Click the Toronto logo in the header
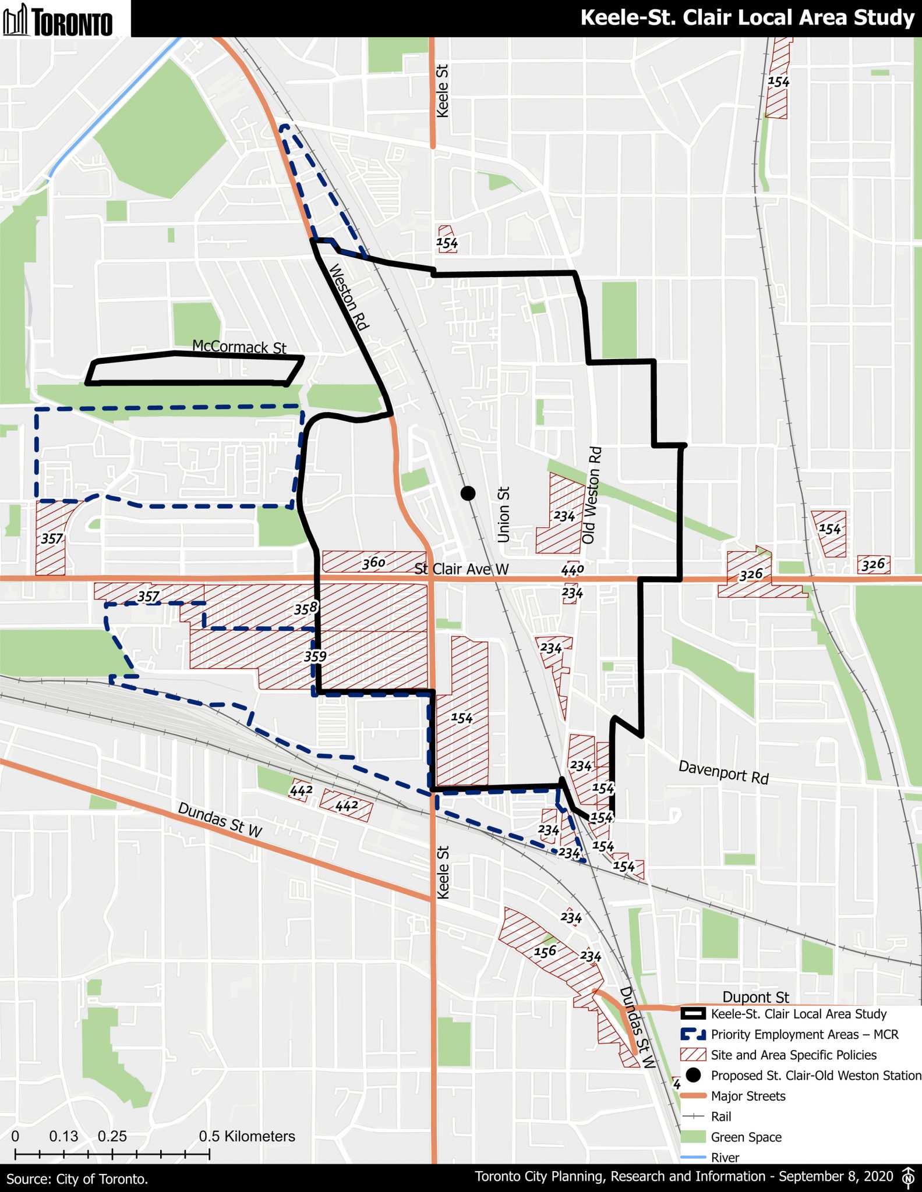(58, 20)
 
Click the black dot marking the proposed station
(468, 494)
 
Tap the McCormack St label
(239, 347)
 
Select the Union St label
(504, 515)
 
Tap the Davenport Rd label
(723, 772)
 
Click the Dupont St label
(755, 997)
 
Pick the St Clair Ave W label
(461, 569)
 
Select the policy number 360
(373, 562)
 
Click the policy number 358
(305, 609)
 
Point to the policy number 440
(572, 569)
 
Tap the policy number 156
(545, 952)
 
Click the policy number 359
(315, 657)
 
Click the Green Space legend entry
(746, 1137)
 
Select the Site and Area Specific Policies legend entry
(793, 1055)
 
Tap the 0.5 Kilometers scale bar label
(247, 1136)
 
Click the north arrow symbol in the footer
(907, 1176)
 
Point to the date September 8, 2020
(835, 1176)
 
